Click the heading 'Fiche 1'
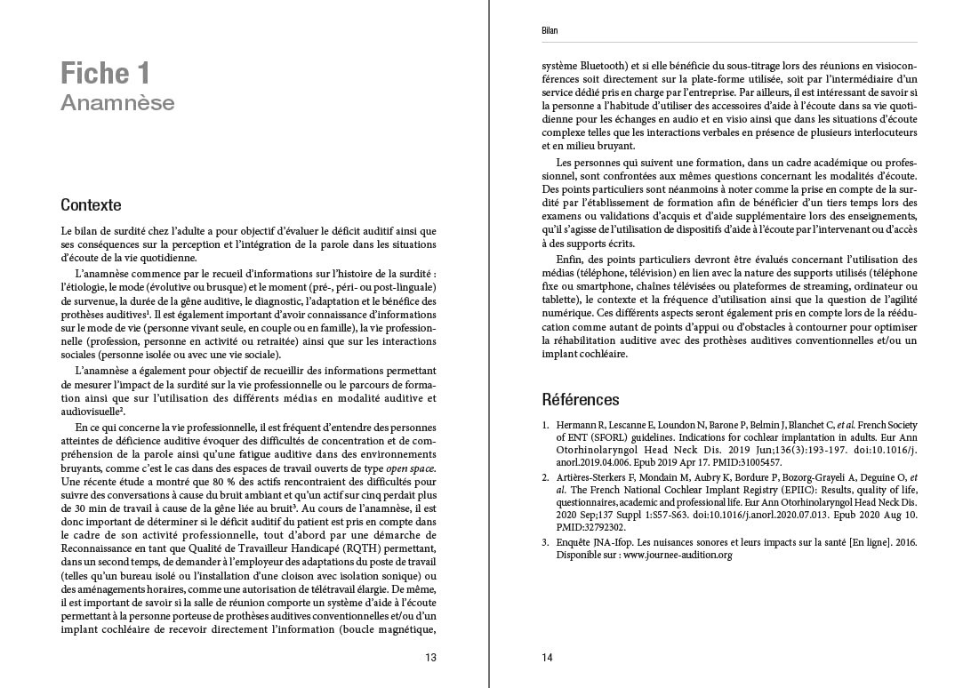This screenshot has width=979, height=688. click(x=105, y=72)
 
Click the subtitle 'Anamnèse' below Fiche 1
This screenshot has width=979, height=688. click(x=117, y=103)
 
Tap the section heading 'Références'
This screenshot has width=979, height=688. click(x=581, y=399)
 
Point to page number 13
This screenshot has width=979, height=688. click(x=430, y=658)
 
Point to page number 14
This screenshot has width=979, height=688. click(x=548, y=658)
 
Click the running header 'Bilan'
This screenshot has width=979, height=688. click(x=550, y=31)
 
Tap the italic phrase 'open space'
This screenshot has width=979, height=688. click(x=409, y=467)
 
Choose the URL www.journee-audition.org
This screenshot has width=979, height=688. click(x=677, y=555)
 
